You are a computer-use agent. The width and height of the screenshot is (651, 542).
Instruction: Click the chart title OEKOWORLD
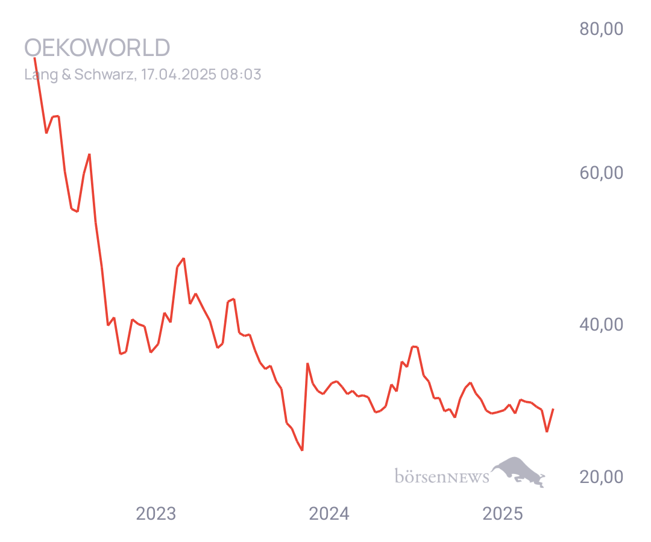tap(97, 48)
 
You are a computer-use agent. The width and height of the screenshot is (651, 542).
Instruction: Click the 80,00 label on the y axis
tap(601, 29)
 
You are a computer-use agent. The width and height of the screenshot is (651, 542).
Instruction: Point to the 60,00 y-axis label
tap(601, 172)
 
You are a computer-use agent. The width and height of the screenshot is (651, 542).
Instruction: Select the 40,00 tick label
tap(601, 324)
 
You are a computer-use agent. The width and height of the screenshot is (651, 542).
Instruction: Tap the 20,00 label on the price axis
tap(601, 476)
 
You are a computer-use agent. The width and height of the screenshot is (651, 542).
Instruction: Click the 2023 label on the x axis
tap(156, 513)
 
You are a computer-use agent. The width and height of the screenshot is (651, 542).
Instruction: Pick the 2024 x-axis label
tap(329, 513)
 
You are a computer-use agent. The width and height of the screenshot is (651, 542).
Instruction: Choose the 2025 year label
tap(502, 513)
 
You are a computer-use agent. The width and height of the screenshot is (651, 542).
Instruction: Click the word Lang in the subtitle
tap(41, 75)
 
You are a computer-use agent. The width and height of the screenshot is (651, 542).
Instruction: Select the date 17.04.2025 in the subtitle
tap(178, 74)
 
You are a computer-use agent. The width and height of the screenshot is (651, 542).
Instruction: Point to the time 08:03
tap(241, 74)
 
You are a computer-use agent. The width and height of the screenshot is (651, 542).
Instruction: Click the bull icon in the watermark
tap(518, 472)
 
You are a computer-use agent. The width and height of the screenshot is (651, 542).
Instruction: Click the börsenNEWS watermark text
tap(442, 476)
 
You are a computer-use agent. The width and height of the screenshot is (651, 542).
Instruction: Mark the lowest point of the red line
tap(302, 450)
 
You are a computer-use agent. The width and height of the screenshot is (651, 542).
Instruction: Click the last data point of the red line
tap(553, 410)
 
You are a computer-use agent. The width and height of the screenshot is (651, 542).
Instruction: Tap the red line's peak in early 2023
tap(183, 258)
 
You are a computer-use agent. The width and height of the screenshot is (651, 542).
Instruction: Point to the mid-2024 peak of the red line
tap(414, 346)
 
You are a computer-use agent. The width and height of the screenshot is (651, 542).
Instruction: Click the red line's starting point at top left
tap(34, 58)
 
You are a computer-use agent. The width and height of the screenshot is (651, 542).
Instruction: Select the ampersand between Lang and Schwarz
tap(66, 75)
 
